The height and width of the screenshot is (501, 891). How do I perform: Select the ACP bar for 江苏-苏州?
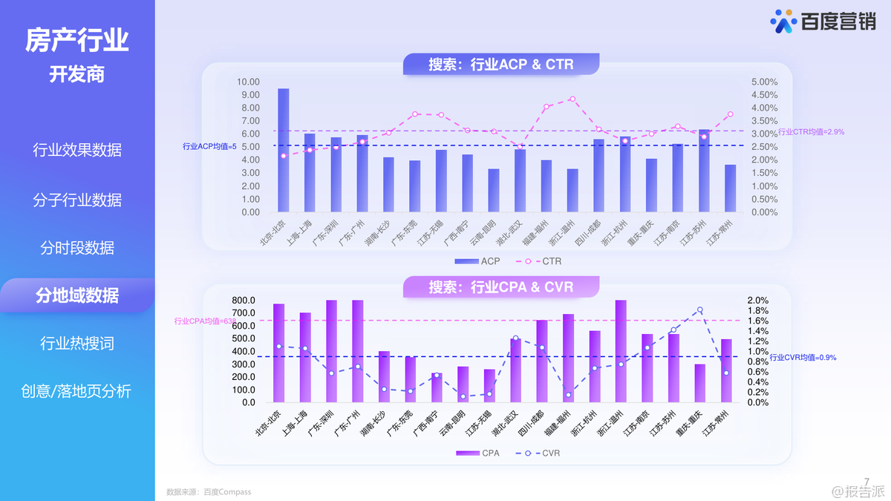click(x=704, y=171)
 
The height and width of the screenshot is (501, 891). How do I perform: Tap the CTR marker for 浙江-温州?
click(x=572, y=99)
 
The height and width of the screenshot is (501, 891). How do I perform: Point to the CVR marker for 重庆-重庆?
click(x=699, y=310)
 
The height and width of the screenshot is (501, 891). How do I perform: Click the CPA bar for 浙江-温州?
click(x=621, y=351)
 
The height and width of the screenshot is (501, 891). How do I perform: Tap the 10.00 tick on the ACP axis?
click(x=249, y=82)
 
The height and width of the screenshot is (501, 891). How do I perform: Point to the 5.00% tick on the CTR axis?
click(x=764, y=82)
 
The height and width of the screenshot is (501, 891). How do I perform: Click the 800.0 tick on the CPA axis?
click(x=244, y=300)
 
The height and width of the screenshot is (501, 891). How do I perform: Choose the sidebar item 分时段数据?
click(x=77, y=248)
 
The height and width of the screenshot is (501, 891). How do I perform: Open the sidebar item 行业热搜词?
click(x=77, y=344)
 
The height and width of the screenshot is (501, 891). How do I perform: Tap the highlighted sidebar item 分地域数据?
click(x=77, y=295)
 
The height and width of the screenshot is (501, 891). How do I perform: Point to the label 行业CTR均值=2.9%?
click(x=811, y=132)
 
